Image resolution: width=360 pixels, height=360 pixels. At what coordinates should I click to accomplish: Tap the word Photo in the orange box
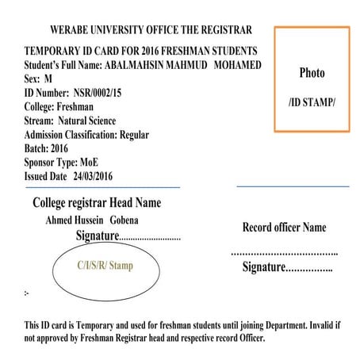tap(312, 73)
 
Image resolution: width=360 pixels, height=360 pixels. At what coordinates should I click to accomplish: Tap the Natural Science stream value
tap(87, 121)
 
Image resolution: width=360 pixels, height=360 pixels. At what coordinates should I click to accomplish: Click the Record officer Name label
tap(283, 228)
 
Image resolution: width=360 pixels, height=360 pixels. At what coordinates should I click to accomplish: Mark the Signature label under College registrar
tap(96, 236)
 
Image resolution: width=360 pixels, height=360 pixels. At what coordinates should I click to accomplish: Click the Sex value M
tap(48, 79)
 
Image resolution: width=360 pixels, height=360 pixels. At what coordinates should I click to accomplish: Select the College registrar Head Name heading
tap(97, 203)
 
